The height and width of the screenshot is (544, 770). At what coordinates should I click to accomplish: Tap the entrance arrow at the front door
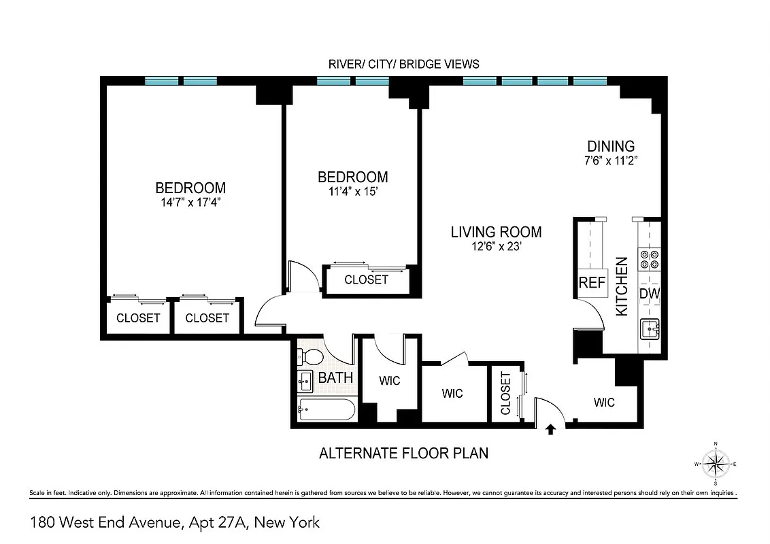pos(551,428)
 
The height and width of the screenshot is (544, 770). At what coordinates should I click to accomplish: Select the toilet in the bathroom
pos(313,356)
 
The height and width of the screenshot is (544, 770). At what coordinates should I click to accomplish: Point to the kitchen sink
pos(650,329)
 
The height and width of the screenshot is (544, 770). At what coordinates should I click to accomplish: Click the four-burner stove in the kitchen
pos(649,260)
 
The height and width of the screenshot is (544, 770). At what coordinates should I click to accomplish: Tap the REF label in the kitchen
pos(591,283)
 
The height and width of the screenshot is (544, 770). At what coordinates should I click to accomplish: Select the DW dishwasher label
pos(650,294)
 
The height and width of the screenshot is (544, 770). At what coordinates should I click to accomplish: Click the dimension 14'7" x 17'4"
pos(190,201)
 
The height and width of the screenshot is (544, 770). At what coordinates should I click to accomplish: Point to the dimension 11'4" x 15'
pos(352,191)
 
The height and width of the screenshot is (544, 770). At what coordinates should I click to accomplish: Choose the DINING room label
pos(611,146)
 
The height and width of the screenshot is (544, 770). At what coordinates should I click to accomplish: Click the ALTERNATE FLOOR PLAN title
pos(403,453)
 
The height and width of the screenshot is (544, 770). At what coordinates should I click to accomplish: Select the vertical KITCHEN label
pos(621,286)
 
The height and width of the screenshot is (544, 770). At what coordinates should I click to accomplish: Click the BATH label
pos(335,377)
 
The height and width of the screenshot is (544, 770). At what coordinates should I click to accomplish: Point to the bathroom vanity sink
pos(305,381)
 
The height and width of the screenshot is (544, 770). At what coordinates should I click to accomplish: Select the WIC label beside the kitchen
pos(603,403)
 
